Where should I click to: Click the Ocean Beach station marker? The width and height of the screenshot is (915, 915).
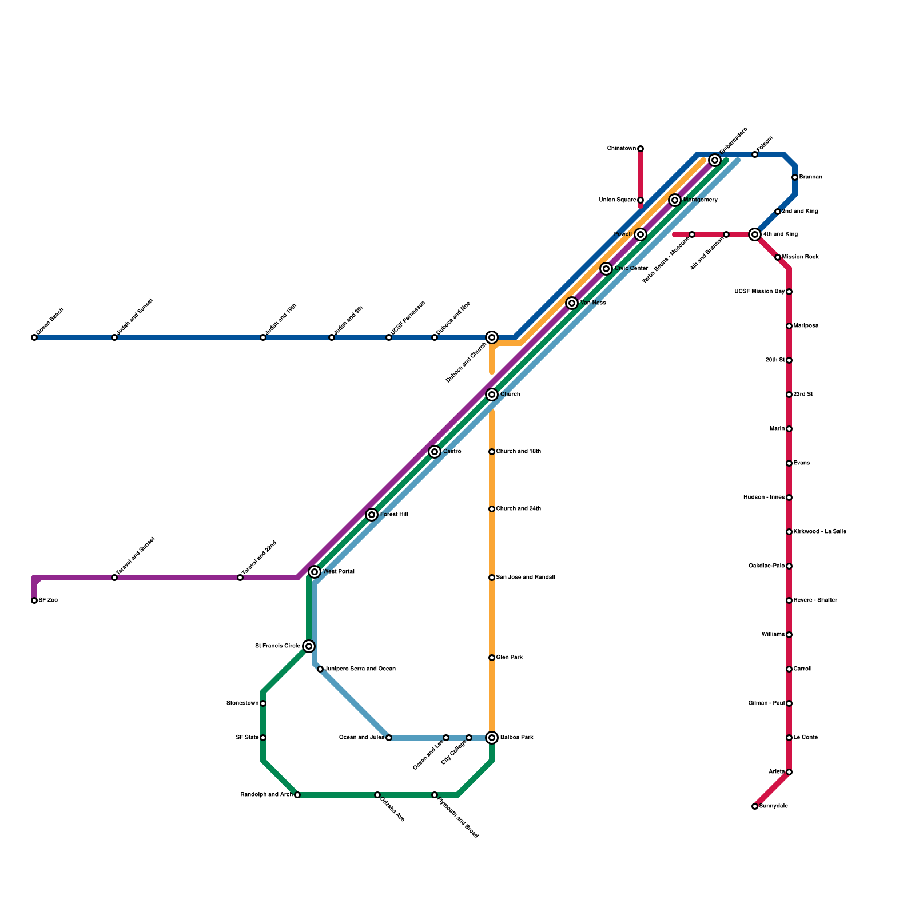(x=34, y=337)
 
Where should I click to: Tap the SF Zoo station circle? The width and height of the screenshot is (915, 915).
(x=34, y=600)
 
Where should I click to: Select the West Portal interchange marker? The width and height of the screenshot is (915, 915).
(x=315, y=572)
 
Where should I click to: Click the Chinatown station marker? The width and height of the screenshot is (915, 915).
(x=640, y=149)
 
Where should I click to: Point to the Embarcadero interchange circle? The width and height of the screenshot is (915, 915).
(x=715, y=160)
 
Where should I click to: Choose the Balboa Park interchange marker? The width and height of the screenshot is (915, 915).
(x=492, y=738)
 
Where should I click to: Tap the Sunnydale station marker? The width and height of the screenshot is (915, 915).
(x=755, y=806)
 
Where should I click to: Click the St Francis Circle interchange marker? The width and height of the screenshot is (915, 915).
(x=309, y=646)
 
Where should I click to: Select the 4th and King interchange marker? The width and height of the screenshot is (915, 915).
(x=755, y=234)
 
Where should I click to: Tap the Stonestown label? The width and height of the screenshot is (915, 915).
(x=242, y=703)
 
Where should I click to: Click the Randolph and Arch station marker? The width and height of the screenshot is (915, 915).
(x=297, y=795)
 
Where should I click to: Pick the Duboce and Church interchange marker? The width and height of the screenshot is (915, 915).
(x=492, y=337)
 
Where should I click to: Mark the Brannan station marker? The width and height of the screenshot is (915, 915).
(x=795, y=177)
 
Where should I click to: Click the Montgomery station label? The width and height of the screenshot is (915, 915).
(x=700, y=200)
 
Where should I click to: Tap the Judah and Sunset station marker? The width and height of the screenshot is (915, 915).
(x=114, y=337)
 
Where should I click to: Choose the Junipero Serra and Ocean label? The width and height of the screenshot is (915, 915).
(x=360, y=669)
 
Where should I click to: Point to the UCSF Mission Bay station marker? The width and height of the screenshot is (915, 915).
(x=789, y=292)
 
